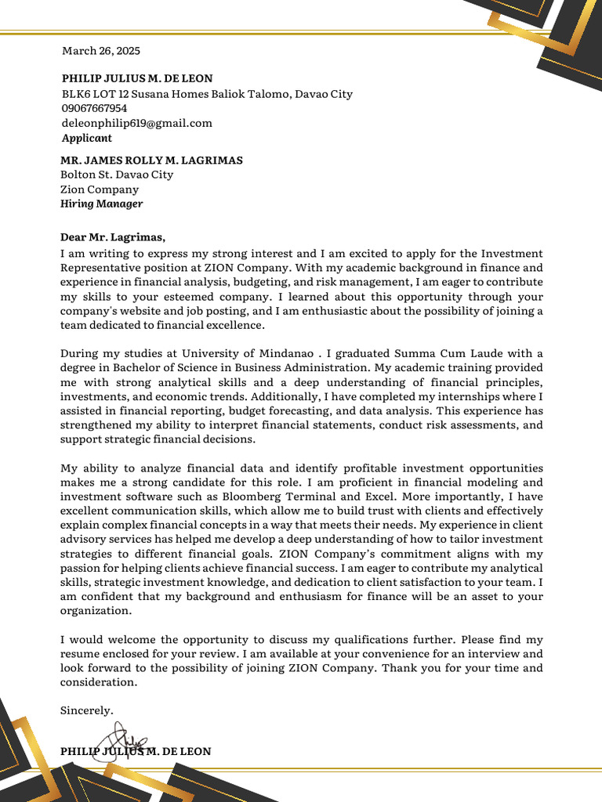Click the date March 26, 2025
101,51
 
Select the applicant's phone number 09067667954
94,108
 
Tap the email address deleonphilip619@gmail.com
137,123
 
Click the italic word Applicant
87,138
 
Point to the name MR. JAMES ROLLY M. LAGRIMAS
151,160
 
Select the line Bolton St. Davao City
117,175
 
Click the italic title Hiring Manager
101,204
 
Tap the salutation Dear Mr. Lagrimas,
113,237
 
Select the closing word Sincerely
87,710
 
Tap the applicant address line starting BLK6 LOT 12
207,94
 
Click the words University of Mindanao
230,354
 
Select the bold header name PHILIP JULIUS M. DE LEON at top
137,78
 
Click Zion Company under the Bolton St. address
100,190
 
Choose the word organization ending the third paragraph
96,611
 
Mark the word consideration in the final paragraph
98,682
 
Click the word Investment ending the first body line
511,254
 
